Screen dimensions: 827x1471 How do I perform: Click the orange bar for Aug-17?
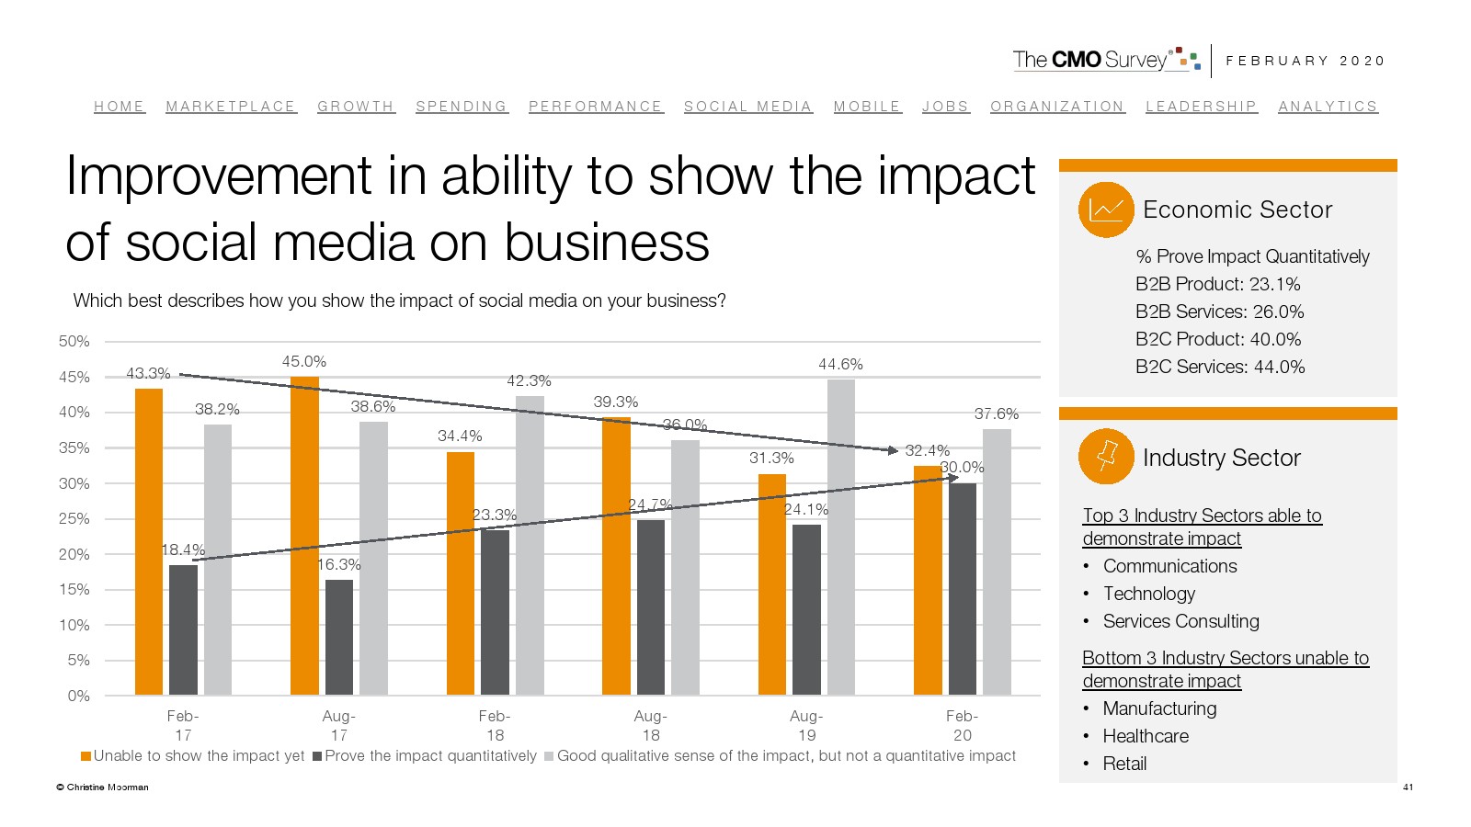[x=304, y=536]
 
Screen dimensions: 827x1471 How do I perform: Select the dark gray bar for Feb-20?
[x=963, y=589]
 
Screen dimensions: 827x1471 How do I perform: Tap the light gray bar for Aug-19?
[x=840, y=538]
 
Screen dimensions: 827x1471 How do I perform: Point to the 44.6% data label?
[x=840, y=365]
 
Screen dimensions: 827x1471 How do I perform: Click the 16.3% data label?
[x=339, y=564]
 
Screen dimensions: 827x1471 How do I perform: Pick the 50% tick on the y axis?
[x=74, y=342]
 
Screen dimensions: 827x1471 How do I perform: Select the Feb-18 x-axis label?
[x=495, y=725]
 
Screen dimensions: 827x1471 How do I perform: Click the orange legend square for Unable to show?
[x=86, y=756]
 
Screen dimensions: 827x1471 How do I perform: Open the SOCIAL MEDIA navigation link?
[x=747, y=107]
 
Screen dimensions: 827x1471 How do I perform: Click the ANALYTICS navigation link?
[x=1328, y=107]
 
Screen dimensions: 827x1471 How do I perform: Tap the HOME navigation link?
[x=120, y=107]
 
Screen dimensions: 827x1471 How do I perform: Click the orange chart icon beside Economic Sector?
[x=1106, y=210]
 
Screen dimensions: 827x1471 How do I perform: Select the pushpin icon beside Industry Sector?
[x=1106, y=457]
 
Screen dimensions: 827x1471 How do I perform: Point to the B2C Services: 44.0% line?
[x=1219, y=367]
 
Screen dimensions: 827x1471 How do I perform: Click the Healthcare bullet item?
[x=1146, y=736]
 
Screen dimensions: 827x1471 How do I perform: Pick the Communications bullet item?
[x=1169, y=566]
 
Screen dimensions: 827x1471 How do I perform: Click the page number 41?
[x=1408, y=787]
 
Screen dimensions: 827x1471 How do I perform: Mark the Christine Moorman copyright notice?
[x=102, y=787]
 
